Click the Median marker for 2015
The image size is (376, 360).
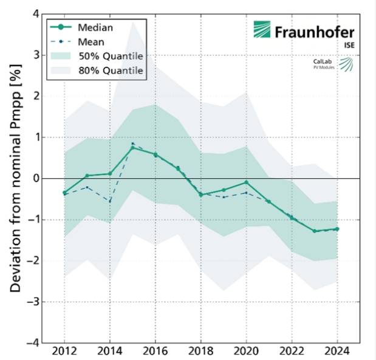tap(132, 148)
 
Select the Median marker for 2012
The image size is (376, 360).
tap(64, 193)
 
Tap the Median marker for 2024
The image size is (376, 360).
tap(337, 229)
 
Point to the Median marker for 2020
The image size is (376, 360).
tap(247, 182)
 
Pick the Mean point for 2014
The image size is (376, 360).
tap(110, 201)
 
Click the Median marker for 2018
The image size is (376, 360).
tap(201, 195)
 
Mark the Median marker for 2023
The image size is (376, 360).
tap(315, 231)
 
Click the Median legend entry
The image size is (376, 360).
tap(91, 27)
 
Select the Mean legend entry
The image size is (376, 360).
tap(91, 42)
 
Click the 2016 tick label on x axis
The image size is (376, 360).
tap(156, 352)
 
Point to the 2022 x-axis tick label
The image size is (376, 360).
tap(292, 352)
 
